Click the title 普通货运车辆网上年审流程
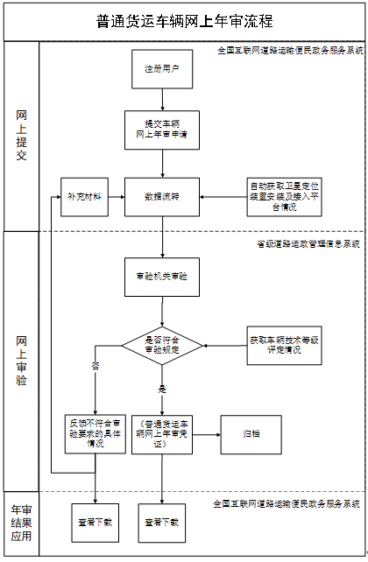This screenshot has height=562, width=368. pos(184,22)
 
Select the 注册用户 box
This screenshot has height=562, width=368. pos(162,68)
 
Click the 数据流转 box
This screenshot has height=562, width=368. pos(162,197)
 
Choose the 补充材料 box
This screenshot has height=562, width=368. pos(84,197)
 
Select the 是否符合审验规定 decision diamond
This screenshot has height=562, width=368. pos(162,345)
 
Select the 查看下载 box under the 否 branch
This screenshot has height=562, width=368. pos(96,523)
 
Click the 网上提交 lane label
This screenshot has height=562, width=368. pos(22,136)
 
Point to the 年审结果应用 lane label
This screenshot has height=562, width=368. pos(22,523)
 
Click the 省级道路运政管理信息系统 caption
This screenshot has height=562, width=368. pos(308,243)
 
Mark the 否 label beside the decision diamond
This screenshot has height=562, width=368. pos(96,366)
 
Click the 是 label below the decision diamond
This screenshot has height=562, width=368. pos(161,386)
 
